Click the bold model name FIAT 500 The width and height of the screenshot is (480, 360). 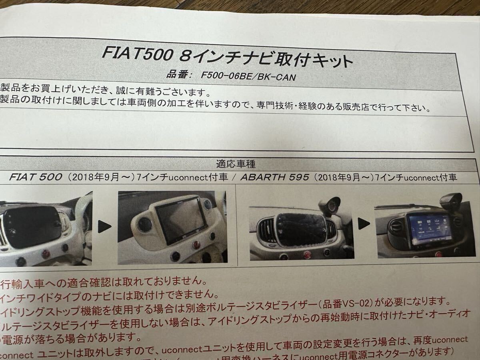click(x=36, y=177)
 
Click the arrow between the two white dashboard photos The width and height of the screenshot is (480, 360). click(x=104, y=227)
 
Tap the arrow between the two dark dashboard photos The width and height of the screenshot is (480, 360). click(x=363, y=224)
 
